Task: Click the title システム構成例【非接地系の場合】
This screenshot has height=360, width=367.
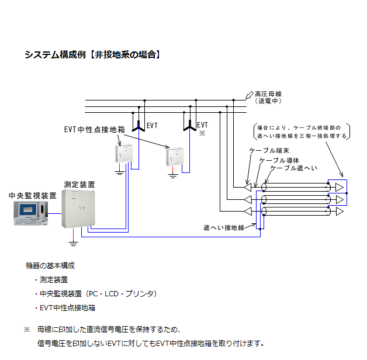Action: [92, 55]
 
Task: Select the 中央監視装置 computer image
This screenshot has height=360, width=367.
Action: [29, 214]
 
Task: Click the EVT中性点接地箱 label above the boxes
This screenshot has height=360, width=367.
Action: [94, 129]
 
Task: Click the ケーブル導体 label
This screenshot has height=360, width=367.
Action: [279, 160]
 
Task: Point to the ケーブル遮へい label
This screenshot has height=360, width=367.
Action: [293, 168]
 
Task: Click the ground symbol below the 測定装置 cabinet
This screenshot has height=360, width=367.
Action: [73, 240]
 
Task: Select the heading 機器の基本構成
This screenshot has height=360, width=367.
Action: [50, 266]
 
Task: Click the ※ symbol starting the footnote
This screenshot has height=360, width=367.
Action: [26, 330]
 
